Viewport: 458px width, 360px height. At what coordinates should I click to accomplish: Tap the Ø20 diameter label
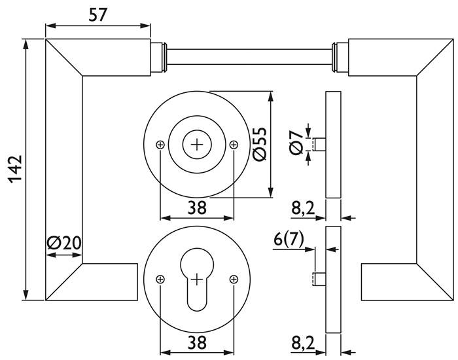64,243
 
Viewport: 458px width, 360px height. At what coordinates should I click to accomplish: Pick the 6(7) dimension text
289,240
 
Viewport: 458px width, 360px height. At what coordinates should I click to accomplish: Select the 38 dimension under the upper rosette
197,208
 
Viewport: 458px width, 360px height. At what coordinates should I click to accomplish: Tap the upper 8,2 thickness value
303,209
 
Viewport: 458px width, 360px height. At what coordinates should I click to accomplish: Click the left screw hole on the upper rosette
160,145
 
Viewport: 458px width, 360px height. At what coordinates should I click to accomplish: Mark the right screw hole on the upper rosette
234,145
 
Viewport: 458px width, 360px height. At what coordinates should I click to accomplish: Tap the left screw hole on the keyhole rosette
160,279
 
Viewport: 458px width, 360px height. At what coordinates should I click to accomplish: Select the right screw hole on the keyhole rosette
234,279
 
